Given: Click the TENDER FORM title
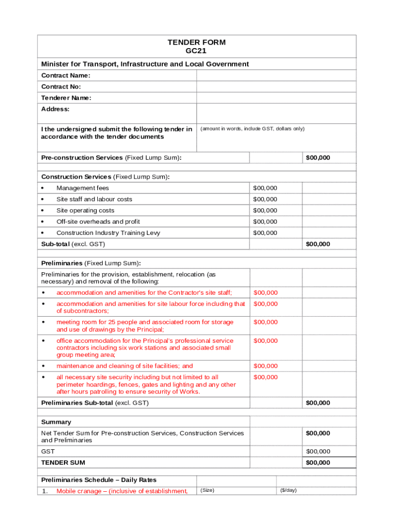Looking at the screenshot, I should (x=196, y=42).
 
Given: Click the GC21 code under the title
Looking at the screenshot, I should (x=196, y=51).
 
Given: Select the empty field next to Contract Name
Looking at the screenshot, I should (x=276, y=76).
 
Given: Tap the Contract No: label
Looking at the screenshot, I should (x=61, y=87).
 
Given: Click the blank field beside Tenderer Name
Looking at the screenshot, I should (x=276, y=98).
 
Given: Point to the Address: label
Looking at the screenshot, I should (x=55, y=109).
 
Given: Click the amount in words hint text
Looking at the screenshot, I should (x=252, y=129).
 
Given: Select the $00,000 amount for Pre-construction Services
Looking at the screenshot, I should (x=318, y=158).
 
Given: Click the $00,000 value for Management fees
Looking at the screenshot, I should (x=265, y=188).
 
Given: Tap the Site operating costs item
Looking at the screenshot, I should (x=85, y=210).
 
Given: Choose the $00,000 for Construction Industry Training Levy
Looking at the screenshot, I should (x=265, y=233).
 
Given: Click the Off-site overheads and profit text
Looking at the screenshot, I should (x=98, y=222).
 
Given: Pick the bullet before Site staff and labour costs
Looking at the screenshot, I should (x=43, y=200).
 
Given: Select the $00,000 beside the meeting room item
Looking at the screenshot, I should (x=265, y=322).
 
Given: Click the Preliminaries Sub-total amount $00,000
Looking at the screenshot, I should (x=318, y=403).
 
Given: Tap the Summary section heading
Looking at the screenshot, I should (x=56, y=422).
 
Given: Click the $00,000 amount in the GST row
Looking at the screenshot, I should (x=318, y=451).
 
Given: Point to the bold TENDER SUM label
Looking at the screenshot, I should (x=63, y=463).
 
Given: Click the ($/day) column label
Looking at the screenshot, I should (x=288, y=490).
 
